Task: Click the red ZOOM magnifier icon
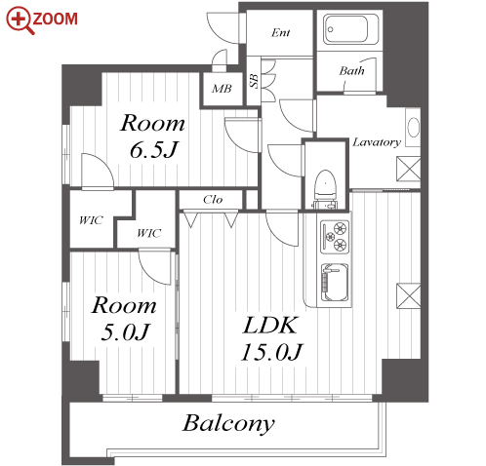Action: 20,20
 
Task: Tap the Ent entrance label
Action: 280,32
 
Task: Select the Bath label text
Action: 351,70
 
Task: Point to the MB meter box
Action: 222,89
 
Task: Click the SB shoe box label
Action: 255,81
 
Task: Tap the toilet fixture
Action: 325,189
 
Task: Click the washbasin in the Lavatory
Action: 414,128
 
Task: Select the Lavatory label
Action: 377,142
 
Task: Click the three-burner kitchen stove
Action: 335,237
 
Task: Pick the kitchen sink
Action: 335,282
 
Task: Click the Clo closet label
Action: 213,199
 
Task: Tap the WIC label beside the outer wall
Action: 91,220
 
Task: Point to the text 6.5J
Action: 153,150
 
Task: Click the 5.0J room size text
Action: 125,331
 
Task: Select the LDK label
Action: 270,326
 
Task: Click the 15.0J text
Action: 271,352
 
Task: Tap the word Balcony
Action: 228,423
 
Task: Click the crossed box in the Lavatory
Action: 409,169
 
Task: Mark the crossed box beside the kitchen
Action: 409,295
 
